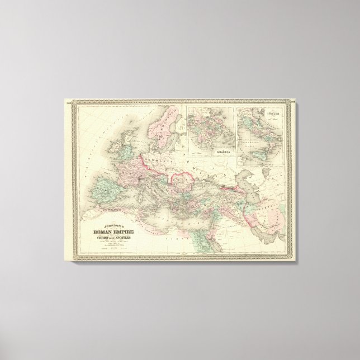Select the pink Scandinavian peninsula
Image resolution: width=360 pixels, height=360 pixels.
[x=162, y=120]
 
